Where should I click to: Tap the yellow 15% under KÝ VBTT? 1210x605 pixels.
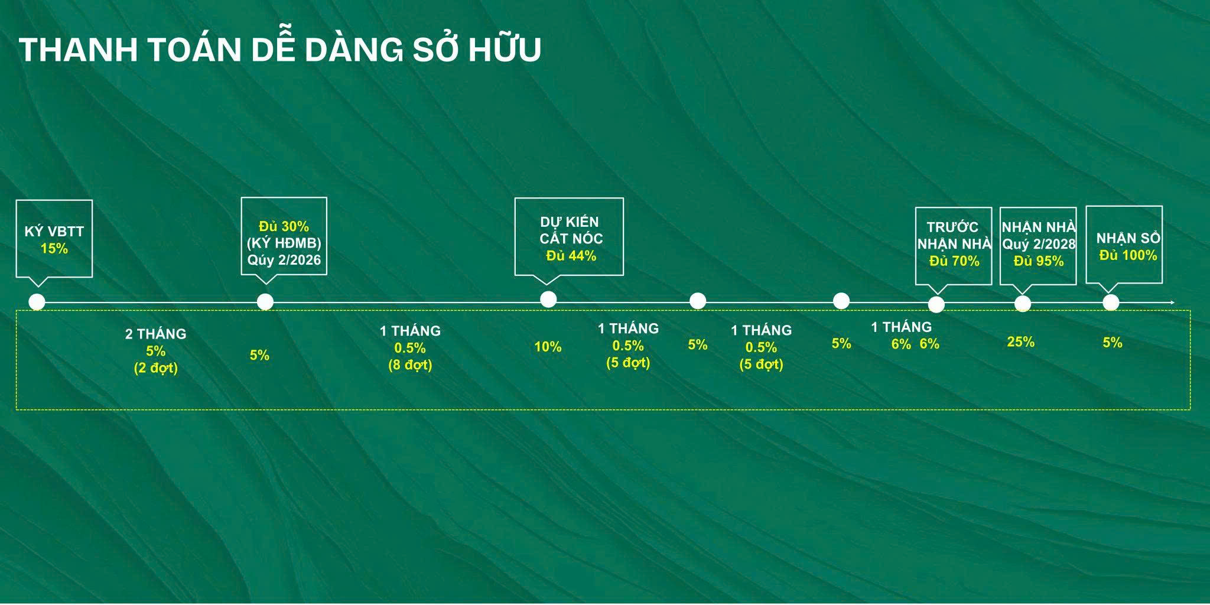click(54, 249)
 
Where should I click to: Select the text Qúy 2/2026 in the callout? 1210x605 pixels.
click(284, 261)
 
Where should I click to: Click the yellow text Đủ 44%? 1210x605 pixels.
click(571, 256)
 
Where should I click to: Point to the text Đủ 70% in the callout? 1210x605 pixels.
click(954, 261)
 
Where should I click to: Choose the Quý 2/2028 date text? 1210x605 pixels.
click(1039, 244)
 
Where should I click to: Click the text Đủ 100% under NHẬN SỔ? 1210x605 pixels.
click(1128, 255)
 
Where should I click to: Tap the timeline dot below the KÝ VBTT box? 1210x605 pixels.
click(37, 302)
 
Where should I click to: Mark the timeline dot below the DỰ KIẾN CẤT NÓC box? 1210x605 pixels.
click(548, 299)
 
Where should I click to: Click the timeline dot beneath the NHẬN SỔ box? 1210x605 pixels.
click(1111, 302)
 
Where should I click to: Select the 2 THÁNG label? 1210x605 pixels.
click(155, 334)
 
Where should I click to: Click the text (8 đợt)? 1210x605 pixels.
click(410, 365)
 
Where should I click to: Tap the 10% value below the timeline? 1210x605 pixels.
click(548, 347)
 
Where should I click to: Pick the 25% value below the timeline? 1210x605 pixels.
click(1021, 342)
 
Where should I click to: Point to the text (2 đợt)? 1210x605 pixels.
click(155, 368)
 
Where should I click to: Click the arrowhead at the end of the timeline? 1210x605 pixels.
click(1173, 302)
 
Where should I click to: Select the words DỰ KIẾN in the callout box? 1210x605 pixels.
click(570, 222)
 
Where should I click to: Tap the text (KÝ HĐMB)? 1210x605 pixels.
click(284, 243)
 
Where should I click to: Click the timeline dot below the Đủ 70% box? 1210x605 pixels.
click(936, 304)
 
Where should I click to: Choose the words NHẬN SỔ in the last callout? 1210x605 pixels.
click(1128, 238)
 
